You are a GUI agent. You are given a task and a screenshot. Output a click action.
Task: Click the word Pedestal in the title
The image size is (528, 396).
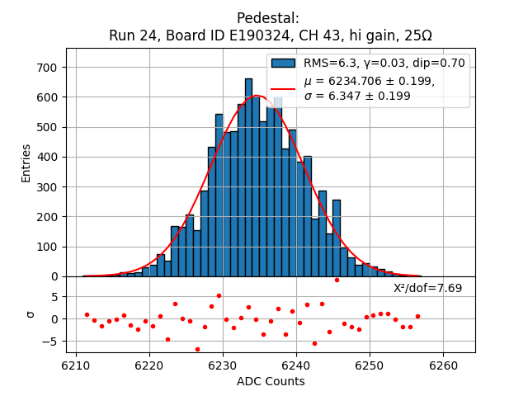[x=268, y=18]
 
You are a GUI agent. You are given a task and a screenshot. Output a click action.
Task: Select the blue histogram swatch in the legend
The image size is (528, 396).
[x=283, y=63]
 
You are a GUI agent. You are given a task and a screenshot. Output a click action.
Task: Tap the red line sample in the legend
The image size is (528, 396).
[x=283, y=88]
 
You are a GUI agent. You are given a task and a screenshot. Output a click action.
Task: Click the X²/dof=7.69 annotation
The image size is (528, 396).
[x=427, y=288]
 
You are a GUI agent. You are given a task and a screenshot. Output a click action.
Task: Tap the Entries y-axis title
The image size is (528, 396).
[x=26, y=163]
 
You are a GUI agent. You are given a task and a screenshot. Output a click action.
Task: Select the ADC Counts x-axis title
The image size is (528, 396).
[x=271, y=381]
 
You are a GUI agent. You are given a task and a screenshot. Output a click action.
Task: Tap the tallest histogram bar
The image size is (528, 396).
[x=248, y=177]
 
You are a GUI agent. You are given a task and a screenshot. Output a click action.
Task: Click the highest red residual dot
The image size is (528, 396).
[x=337, y=280]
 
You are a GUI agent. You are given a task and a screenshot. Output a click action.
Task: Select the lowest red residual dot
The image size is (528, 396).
[x=197, y=349]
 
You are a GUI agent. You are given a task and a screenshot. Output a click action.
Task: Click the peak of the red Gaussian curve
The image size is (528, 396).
[x=257, y=96]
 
